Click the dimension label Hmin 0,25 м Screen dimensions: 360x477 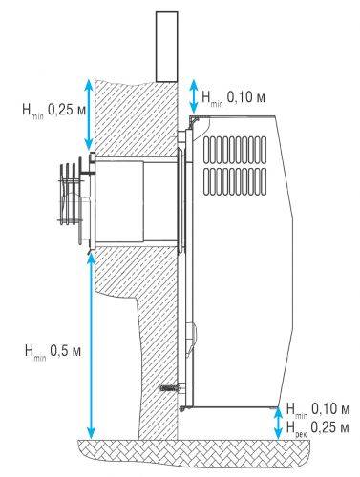click(53, 111)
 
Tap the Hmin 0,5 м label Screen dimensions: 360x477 click(53, 352)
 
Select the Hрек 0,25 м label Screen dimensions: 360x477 click(317, 427)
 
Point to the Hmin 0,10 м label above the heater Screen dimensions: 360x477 click(233, 97)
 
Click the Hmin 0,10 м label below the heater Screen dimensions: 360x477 click(318, 409)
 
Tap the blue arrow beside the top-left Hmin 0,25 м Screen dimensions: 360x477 click(90, 114)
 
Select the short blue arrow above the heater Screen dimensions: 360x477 click(193, 96)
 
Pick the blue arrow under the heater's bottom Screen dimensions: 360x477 click(278, 424)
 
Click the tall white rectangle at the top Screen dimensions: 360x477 click(167, 47)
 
